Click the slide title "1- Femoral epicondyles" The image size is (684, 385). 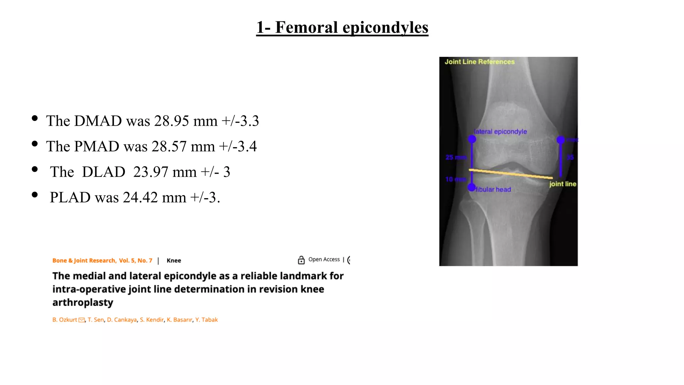pos(342,27)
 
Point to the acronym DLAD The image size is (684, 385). pos(104,172)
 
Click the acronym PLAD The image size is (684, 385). pos(70,198)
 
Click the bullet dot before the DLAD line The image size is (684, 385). pos(35,169)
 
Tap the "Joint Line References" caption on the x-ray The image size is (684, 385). pos(479,62)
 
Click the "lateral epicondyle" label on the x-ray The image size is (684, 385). pos(500,132)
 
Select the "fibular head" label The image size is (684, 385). pos(493,189)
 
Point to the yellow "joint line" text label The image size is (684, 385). pos(562,184)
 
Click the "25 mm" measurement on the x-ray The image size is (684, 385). pos(456,157)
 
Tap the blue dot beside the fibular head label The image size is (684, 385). pos(471,187)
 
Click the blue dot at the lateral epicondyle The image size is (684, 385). pos(472,139)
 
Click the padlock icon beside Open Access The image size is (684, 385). pos(301,260)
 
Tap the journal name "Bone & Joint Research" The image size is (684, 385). pos(84,261)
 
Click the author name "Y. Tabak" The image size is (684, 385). pos(206,320)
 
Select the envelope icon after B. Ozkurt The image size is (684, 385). pos(81,320)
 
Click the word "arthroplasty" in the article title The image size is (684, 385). pos(83,302)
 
